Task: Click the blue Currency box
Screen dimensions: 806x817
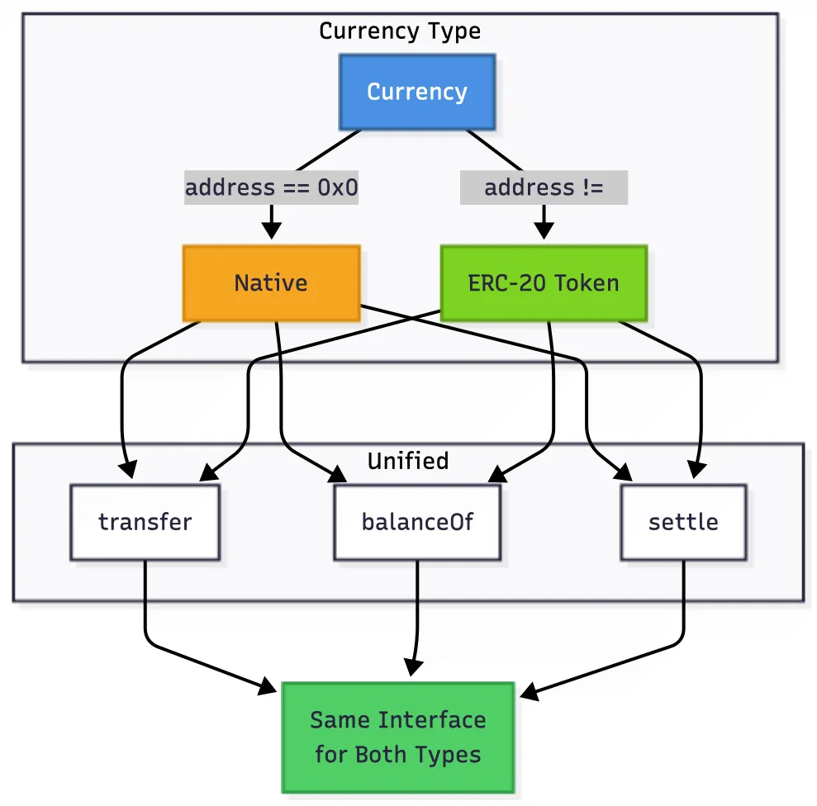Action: coord(417,92)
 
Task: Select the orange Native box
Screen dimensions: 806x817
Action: coord(271,283)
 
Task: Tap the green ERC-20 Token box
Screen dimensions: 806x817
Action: coord(544,283)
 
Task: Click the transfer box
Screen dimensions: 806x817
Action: coord(145,522)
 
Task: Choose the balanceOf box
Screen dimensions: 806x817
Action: coord(417,522)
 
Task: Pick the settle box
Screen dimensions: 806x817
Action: coord(683,522)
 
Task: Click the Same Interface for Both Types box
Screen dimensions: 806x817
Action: coord(398,737)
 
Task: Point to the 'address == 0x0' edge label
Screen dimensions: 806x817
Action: coord(271,187)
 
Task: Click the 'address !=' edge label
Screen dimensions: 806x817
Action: coord(544,187)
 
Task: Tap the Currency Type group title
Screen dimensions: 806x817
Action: coord(400,31)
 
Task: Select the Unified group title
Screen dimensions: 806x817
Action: coord(408,461)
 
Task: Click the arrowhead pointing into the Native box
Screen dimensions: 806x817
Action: coord(271,234)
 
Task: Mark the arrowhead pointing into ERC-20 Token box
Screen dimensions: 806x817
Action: coord(544,234)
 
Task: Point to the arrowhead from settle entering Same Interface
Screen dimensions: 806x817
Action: coord(527,692)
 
